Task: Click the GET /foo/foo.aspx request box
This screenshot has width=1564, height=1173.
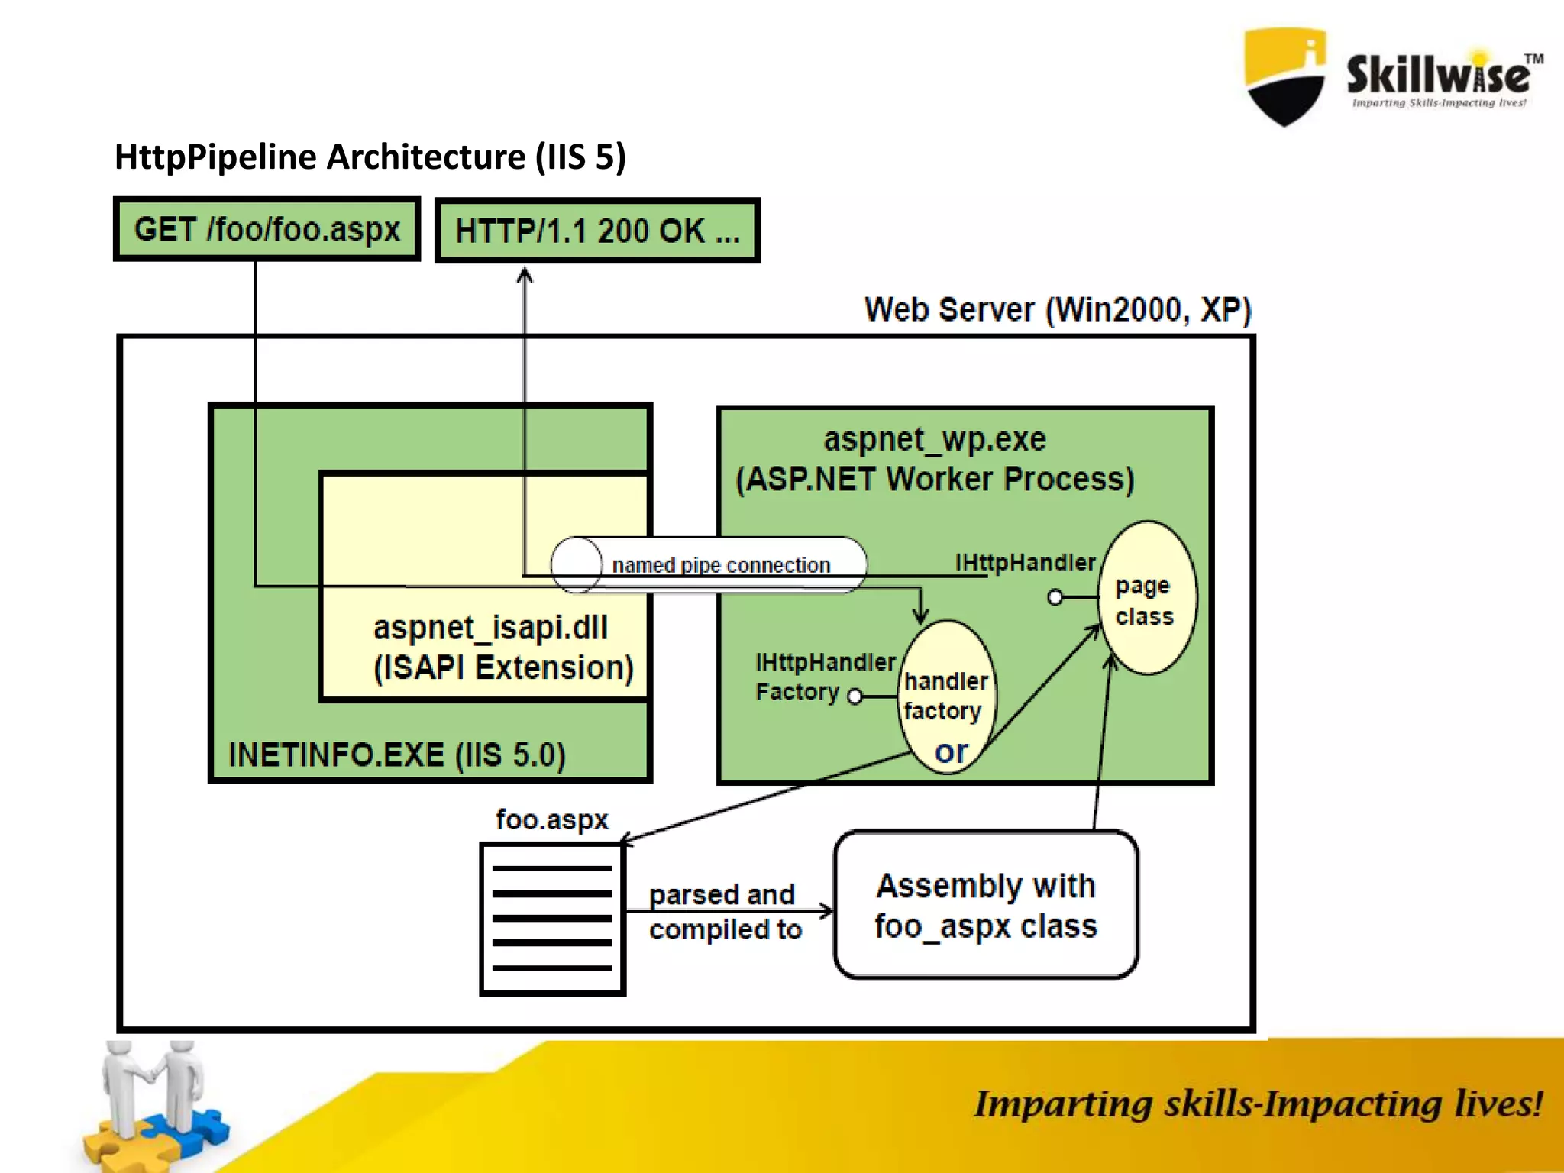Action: pos(267,229)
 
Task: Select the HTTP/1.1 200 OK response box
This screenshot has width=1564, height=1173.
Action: pos(597,231)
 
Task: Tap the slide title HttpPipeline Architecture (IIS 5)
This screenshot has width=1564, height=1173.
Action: pos(370,157)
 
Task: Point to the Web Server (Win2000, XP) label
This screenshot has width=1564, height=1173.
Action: pos(1057,310)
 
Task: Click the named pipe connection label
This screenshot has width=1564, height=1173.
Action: pos(720,565)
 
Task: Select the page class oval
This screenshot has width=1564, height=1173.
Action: pos(1146,599)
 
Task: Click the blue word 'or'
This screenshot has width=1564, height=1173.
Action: pos(951,751)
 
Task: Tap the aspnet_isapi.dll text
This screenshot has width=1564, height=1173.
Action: pos(490,628)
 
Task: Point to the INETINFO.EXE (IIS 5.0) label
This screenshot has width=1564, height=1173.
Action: pos(397,755)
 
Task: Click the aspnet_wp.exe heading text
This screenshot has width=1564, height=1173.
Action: pos(934,439)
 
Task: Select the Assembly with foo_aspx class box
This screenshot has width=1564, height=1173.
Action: pos(986,906)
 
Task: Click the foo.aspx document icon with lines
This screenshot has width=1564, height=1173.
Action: pos(552,919)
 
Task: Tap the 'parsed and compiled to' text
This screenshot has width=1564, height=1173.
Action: pos(724,912)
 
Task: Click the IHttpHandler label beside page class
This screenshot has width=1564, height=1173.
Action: pos(1025,563)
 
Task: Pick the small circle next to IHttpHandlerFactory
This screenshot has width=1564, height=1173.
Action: pos(855,696)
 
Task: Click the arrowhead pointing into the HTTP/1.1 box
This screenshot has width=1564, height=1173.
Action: pos(525,274)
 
